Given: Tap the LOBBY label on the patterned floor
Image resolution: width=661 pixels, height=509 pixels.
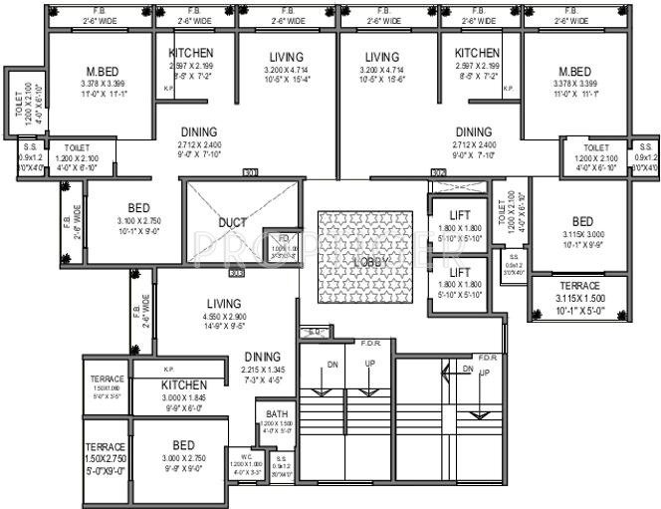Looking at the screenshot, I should (365, 261).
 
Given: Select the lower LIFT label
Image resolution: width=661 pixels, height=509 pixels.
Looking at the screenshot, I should (459, 271).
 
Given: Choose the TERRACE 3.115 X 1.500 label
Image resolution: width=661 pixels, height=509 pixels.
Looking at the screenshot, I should (578, 286).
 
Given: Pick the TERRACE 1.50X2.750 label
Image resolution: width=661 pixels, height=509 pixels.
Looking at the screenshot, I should (105, 446).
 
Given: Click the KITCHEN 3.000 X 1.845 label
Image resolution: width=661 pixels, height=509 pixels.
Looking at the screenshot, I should (183, 384).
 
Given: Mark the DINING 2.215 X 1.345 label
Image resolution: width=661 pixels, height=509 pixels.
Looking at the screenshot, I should (262, 356).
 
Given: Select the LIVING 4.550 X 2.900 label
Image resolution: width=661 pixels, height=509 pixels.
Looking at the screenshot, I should (223, 305).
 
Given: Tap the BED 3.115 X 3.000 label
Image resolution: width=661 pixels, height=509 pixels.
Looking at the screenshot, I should (582, 221).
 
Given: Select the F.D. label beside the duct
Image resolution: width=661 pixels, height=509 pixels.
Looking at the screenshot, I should (284, 238).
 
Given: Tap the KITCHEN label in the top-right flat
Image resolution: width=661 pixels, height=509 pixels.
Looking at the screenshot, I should (477, 53).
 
